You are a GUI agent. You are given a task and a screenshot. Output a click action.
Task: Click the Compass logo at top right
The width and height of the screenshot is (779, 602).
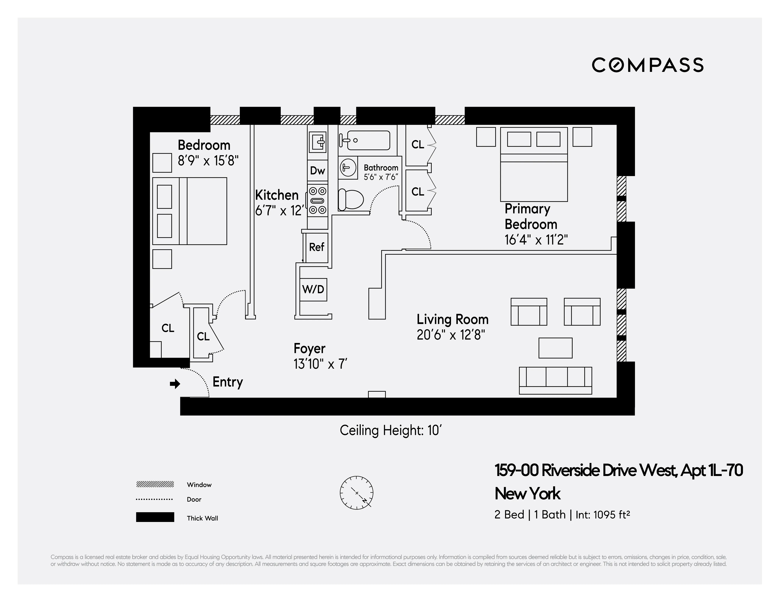coord(647,65)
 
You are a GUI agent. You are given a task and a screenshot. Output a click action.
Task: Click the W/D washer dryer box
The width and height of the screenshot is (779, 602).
coord(313,289)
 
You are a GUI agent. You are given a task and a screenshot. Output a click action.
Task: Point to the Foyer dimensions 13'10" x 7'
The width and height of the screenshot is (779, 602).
coord(320,364)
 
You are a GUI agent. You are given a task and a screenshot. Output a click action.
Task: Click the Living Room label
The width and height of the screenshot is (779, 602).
coord(452,319)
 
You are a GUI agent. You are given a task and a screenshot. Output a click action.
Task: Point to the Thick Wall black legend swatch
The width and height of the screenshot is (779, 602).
coord(155,517)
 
